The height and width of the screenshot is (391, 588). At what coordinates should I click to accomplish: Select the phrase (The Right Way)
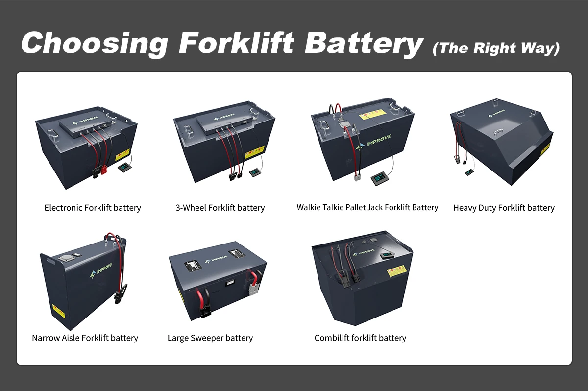point(496,49)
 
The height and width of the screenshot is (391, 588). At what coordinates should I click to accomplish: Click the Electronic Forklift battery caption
point(93,208)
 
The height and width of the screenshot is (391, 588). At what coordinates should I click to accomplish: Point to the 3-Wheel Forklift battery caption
point(220,208)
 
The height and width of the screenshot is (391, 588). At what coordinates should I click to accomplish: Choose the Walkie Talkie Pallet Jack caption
point(367,207)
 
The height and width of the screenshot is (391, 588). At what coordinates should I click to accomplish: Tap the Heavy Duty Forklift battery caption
point(504,208)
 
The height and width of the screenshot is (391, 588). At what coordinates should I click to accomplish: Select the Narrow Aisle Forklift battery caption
point(85,338)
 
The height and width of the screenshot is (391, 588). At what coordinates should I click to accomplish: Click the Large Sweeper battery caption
point(210,338)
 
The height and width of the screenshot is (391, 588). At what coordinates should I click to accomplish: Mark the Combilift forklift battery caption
point(360,338)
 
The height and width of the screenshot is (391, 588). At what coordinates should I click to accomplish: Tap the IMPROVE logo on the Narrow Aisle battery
point(101,270)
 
